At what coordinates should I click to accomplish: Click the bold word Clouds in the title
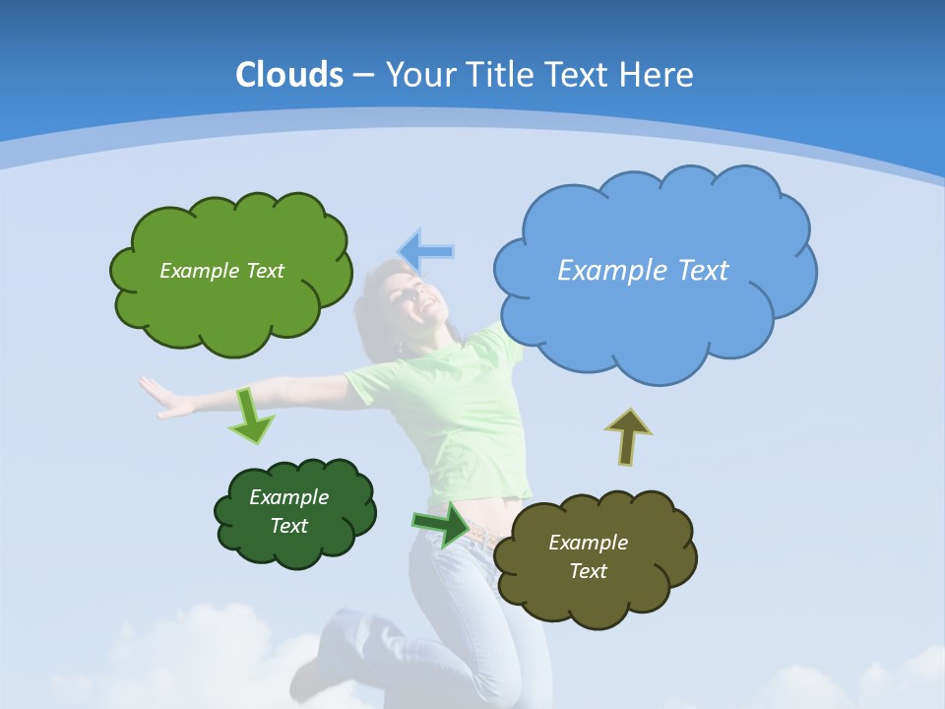289,75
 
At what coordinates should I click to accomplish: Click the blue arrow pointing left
426,251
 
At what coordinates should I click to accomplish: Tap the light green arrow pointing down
251,415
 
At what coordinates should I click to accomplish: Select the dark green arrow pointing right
441,523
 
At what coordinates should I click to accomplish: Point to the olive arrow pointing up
627,436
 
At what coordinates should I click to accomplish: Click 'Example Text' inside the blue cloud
643,271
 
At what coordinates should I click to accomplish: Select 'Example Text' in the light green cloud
221,271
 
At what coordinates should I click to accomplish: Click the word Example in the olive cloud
588,543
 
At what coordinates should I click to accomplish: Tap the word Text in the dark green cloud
289,526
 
